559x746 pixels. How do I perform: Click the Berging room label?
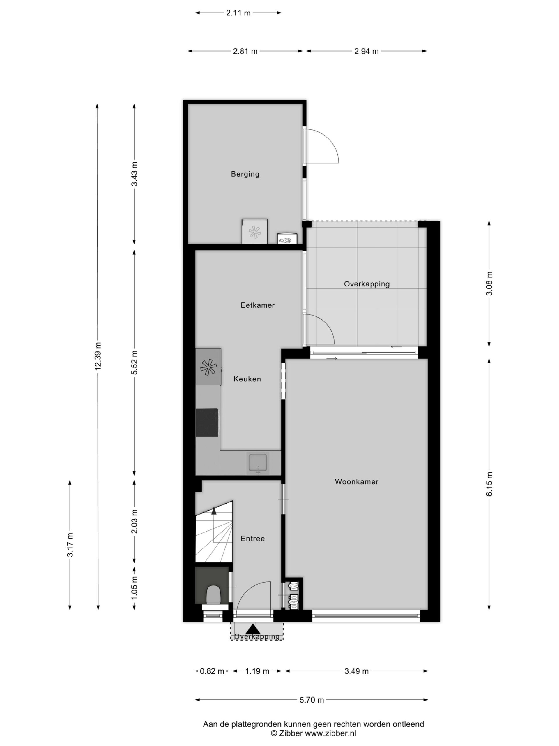(x=245, y=174)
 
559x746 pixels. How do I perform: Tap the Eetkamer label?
(x=257, y=305)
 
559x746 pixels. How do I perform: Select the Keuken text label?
(x=247, y=379)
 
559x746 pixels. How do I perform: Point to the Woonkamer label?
(x=356, y=482)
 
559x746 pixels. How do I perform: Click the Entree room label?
(x=252, y=539)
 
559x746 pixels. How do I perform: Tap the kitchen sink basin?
(x=258, y=463)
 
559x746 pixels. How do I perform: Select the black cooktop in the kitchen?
(x=206, y=423)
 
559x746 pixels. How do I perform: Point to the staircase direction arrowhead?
(x=214, y=511)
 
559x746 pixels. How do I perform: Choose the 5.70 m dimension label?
(x=312, y=700)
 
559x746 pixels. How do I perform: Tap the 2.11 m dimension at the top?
(x=238, y=13)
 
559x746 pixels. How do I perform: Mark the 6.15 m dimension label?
(x=489, y=484)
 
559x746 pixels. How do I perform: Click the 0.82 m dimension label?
(x=212, y=671)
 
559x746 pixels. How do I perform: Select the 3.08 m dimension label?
(x=489, y=284)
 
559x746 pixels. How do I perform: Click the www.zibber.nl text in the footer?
(x=330, y=733)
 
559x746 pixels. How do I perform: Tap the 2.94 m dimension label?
(x=366, y=51)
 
